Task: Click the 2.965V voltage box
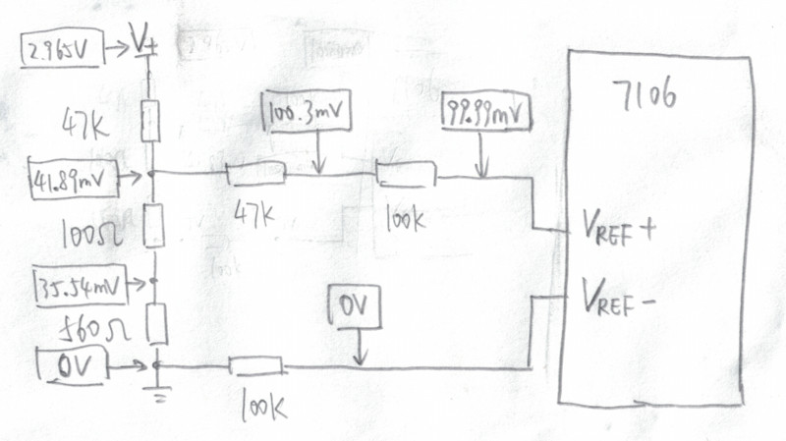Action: click(x=61, y=49)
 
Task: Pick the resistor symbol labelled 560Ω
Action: click(x=156, y=322)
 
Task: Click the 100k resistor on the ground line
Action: click(x=256, y=367)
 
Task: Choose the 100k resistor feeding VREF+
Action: click(x=406, y=175)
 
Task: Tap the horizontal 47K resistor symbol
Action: click(x=255, y=175)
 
